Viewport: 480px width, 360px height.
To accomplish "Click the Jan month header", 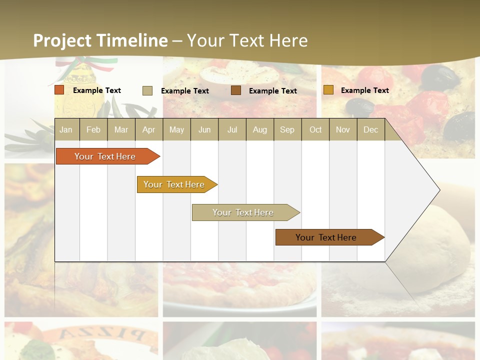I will coord(66,129).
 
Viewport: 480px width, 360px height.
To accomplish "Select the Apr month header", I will coord(148,129).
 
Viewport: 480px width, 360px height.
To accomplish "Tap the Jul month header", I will coord(232,129).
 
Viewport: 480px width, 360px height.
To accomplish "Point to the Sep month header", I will coord(287,129).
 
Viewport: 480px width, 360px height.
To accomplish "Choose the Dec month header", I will coord(370,129).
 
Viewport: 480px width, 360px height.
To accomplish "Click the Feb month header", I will coord(93,129).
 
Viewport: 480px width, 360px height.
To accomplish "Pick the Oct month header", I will coord(315,129).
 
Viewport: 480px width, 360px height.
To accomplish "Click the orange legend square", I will coord(59,90).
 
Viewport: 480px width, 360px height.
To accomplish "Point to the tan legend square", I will coord(147,90).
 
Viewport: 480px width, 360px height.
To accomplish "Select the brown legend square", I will coord(236,90).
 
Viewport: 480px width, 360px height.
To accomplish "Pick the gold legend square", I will coord(328,90).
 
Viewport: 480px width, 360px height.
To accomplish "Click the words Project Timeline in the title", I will coord(100,40).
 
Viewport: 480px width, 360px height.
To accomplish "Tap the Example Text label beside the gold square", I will coord(364,90).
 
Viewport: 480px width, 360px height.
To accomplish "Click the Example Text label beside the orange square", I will coord(97,90).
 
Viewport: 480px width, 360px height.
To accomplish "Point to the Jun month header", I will coord(204,129).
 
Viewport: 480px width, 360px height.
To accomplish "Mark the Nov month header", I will coord(342,129).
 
